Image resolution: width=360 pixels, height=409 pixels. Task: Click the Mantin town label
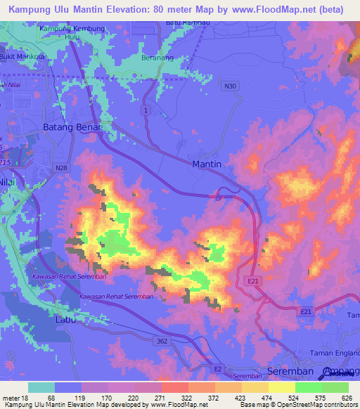(207, 164)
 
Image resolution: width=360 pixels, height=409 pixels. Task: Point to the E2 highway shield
(217, 368)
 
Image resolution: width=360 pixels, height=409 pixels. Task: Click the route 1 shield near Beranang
(145, 111)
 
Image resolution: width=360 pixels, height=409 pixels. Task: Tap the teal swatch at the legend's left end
(41, 387)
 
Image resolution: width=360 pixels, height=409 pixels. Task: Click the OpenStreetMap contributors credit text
(311, 405)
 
